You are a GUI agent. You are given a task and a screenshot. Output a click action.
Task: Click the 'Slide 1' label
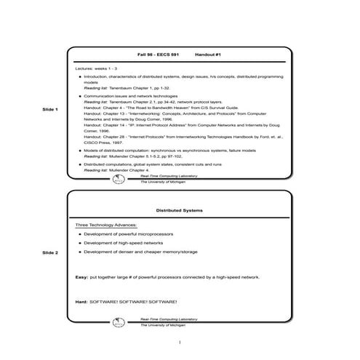51,109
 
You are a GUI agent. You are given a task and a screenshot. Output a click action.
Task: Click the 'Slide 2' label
51,252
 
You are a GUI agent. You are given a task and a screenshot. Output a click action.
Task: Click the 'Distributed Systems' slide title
179,210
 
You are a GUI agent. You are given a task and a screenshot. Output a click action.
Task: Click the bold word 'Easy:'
81,277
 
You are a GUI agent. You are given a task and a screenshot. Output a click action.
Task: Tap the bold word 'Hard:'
81,301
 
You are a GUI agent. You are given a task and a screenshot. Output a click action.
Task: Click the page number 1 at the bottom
179,342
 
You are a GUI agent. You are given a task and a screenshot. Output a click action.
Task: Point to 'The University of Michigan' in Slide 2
164,325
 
